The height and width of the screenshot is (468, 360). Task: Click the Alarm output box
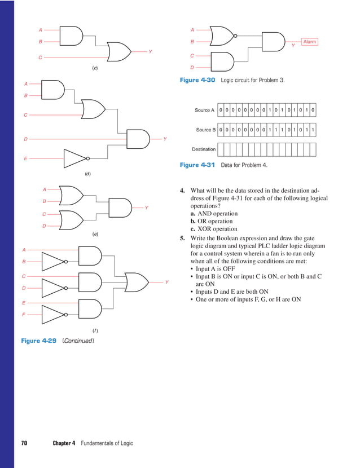coord(310,42)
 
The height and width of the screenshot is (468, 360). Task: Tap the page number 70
coord(24,443)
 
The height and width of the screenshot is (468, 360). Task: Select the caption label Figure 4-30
coord(197,80)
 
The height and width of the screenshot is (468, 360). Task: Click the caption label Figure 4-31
coord(197,165)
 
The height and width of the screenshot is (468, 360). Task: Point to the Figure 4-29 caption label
coord(39,341)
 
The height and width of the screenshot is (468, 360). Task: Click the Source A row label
coord(205,111)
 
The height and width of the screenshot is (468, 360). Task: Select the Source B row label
coord(205,130)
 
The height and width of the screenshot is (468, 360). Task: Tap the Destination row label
coord(204,149)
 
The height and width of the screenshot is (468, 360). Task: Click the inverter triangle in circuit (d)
coord(74,158)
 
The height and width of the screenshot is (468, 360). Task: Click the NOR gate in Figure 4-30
coord(221,36)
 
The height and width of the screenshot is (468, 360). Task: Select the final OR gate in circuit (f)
coord(136,281)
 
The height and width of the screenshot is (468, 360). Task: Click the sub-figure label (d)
coord(87,174)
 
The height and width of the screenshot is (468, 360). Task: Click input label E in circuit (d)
coord(25,159)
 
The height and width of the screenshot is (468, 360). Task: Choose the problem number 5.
coord(182,239)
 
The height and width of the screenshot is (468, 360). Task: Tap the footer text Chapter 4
coord(64,443)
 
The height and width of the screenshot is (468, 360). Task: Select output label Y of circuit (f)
coord(166,282)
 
